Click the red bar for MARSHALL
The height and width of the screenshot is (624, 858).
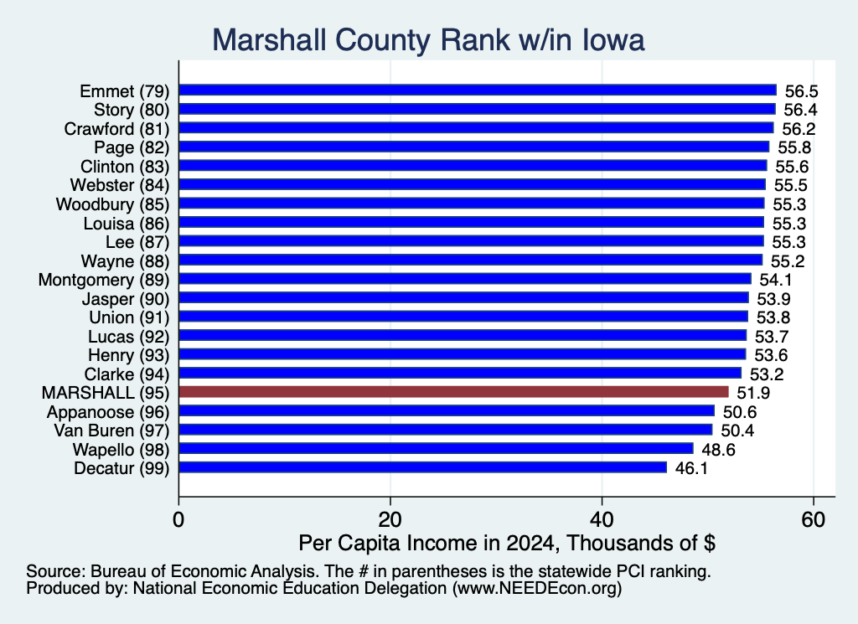click(453, 392)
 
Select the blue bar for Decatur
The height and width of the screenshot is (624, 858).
click(423, 467)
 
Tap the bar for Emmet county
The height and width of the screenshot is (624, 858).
click(478, 90)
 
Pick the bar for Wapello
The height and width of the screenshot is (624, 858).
click(436, 448)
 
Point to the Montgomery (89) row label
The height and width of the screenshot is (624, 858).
click(104, 280)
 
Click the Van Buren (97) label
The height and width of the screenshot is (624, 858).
click(111, 431)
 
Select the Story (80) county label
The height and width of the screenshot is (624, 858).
click(132, 110)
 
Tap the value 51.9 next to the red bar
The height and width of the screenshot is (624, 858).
click(753, 393)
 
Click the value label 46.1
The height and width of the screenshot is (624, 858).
click(691, 468)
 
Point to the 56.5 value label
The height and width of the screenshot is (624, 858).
click(802, 91)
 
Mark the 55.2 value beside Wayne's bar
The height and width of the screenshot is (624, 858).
click(788, 261)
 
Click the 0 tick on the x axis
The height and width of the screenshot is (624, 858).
click(178, 519)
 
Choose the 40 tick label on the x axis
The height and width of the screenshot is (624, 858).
click(602, 519)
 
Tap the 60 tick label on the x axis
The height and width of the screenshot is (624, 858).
click(814, 519)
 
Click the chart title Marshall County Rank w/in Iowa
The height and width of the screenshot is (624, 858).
click(428, 40)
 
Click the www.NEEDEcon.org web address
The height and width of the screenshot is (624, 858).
click(537, 588)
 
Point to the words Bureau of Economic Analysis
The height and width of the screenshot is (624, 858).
click(204, 571)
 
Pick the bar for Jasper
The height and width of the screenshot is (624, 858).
click(463, 298)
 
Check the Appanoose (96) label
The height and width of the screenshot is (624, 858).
click(108, 412)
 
